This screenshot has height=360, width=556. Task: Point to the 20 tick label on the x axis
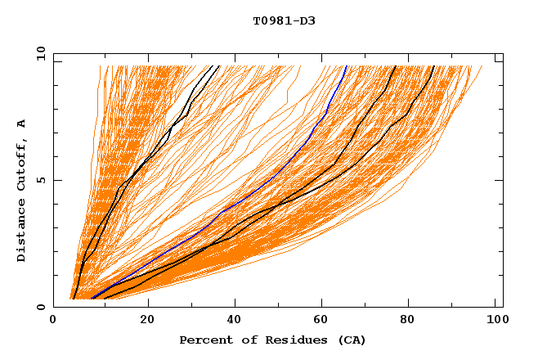pos(147,322)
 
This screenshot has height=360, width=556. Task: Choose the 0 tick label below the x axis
pos(53,322)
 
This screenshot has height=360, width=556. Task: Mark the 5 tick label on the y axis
pos(40,181)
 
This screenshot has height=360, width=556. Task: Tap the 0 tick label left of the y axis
pos(40,307)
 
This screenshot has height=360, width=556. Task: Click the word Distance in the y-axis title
pos(22,232)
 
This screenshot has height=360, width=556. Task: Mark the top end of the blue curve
pos(346,66)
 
